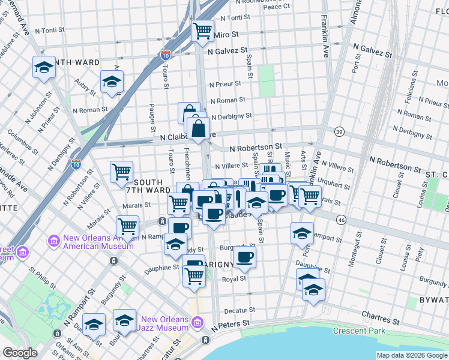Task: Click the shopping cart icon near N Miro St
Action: pyautogui.click(x=202, y=29)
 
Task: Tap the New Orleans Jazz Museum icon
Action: pyautogui.click(x=197, y=324)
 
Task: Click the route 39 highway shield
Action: pyautogui.click(x=339, y=132)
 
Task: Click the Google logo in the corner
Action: pyautogui.click(x=20, y=353)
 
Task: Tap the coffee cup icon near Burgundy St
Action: pyautogui.click(x=244, y=257)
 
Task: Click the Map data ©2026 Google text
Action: pyautogui.click(x=411, y=355)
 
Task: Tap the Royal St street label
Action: pyautogui.click(x=234, y=278)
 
